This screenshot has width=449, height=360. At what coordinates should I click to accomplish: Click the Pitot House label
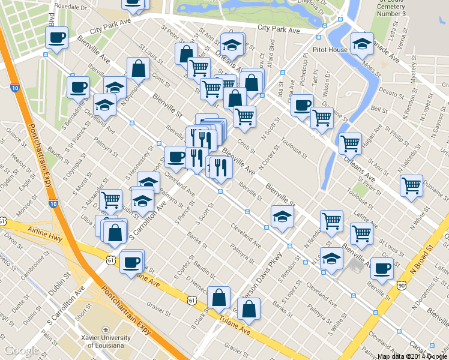(x=330, y=50)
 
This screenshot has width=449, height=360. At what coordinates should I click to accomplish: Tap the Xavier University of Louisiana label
(x=106, y=341)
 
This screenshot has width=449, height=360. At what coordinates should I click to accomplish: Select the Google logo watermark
(x=22, y=350)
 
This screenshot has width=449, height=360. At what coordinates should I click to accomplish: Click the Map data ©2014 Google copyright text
(x=412, y=356)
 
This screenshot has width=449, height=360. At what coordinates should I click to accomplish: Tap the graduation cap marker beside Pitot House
(x=362, y=44)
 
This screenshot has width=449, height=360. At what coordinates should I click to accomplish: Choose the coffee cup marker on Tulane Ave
(x=131, y=262)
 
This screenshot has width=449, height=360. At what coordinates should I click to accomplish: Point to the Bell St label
(x=379, y=109)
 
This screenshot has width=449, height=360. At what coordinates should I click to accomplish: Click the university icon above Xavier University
(x=105, y=330)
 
